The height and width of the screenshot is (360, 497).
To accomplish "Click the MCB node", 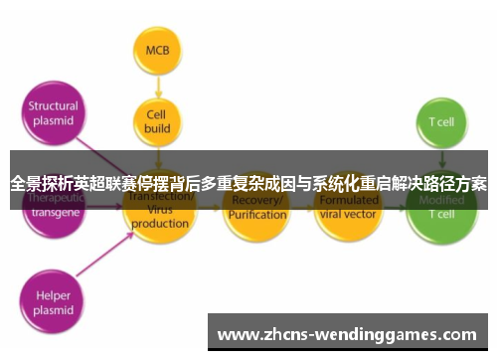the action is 157,50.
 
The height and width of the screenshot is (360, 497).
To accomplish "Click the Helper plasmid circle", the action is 53,300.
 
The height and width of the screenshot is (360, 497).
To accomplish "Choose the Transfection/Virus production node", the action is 157,210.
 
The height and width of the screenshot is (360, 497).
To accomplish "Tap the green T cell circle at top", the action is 440,123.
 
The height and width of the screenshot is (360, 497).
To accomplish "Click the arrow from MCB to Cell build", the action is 157,84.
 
